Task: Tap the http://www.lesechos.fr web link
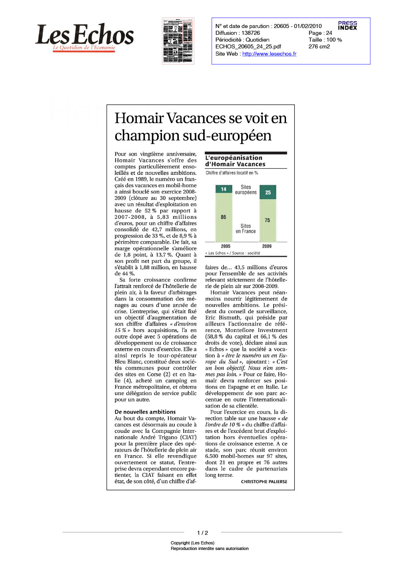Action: (x=269, y=54)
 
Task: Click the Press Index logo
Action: (x=347, y=26)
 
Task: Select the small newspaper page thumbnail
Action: (x=178, y=41)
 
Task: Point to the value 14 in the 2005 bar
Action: (x=224, y=189)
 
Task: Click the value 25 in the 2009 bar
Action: (x=268, y=192)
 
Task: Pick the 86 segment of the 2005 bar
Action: (x=224, y=217)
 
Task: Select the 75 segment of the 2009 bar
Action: (x=268, y=220)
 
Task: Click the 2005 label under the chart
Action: (x=226, y=246)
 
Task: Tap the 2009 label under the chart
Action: (x=267, y=246)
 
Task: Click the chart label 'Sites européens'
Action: (x=246, y=190)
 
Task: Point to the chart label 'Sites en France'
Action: (x=246, y=228)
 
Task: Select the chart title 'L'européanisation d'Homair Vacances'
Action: (x=235, y=161)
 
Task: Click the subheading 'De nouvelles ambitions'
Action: (x=145, y=412)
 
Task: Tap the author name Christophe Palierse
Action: (x=264, y=482)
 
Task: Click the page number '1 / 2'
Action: (x=202, y=533)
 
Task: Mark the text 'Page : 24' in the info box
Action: (x=320, y=33)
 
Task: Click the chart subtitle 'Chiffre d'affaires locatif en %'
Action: (x=232, y=173)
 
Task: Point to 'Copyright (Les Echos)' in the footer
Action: (x=192, y=543)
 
